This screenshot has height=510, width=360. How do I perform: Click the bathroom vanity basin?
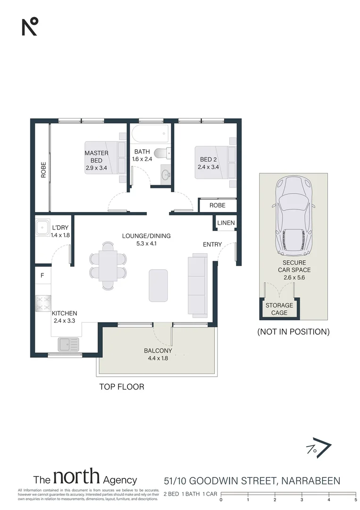pos(166,175)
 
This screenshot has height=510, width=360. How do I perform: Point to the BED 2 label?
pos(208,160)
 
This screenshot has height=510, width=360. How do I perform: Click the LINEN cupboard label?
pos(226,223)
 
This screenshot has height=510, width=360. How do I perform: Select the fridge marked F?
pos(42,276)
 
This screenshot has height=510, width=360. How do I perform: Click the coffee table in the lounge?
pos(158,285)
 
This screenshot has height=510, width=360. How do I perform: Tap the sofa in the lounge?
pos(197,285)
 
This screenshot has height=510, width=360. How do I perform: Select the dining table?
pos(108,265)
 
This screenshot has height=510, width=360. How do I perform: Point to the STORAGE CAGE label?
pos(279,309)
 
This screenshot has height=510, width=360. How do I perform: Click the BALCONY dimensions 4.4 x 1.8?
pos(156,358)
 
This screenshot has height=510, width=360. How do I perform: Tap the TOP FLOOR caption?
pos(121,387)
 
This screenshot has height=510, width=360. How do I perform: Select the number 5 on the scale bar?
pos(355,499)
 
